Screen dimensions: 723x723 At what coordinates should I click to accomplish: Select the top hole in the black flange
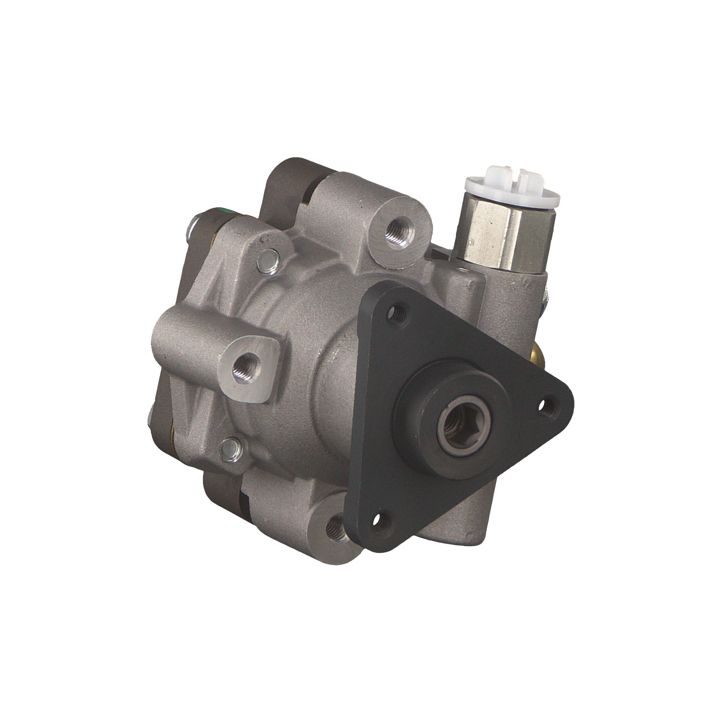tap(398, 312)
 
